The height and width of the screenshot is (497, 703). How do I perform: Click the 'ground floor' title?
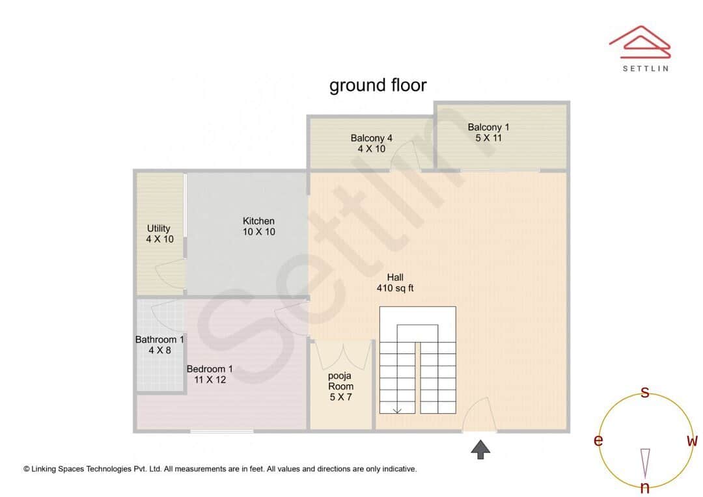click(378, 85)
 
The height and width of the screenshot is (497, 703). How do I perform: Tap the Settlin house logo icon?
click(639, 40)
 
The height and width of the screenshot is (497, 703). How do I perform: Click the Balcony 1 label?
click(488, 132)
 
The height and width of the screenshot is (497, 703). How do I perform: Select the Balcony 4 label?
click(371, 143)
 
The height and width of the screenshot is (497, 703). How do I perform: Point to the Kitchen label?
click(258, 226)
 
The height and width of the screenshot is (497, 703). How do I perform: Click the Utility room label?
click(159, 234)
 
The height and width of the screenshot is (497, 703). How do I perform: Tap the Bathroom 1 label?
click(159, 345)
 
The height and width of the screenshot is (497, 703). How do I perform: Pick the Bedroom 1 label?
click(210, 374)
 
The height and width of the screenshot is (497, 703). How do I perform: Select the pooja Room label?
click(340, 386)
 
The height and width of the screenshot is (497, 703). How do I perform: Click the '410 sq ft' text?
click(395, 288)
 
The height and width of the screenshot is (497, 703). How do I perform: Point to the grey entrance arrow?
click(480, 449)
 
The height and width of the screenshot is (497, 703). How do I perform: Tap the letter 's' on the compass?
click(645, 392)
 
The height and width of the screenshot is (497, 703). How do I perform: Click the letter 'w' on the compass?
click(692, 441)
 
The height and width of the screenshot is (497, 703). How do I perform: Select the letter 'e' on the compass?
click(598, 441)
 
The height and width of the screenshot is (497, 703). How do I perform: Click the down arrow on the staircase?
click(396, 409)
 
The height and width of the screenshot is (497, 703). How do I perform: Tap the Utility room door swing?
click(170, 272)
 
